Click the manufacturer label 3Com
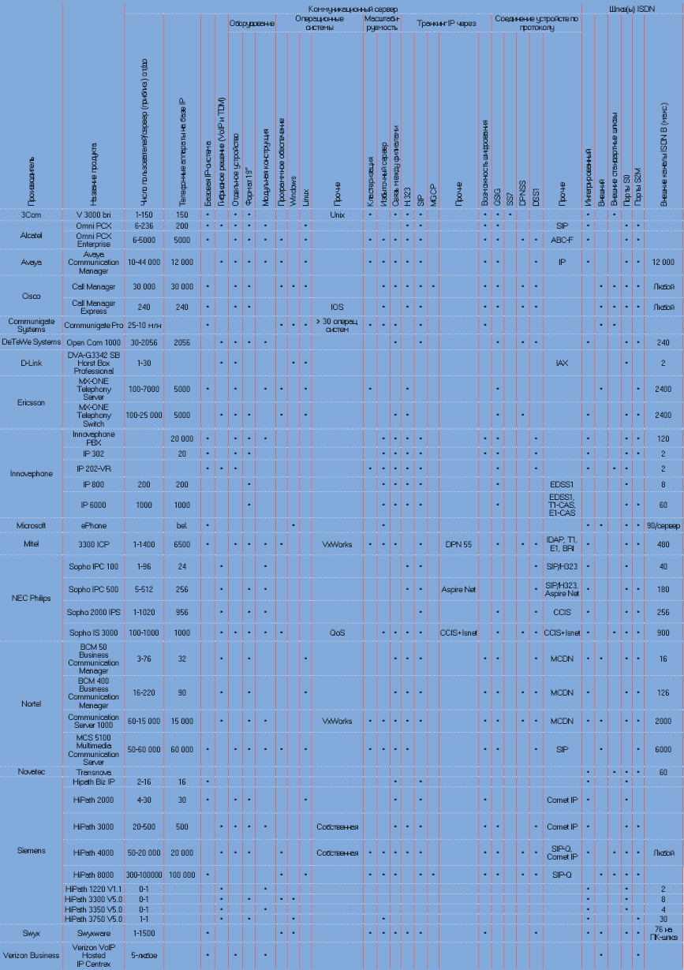31,214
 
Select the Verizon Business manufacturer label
32,955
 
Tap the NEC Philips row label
32,597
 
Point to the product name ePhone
94,524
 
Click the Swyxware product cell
94,932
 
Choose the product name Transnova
94,772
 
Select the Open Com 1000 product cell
94,342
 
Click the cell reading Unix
337,214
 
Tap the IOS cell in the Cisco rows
337,306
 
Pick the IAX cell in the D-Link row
562,363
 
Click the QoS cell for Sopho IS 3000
337,632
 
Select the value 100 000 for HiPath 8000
182,875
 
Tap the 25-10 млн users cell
144,324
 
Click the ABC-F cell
562,239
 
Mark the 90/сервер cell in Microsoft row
663,524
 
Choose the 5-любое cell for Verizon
144,955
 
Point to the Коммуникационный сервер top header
353,8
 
